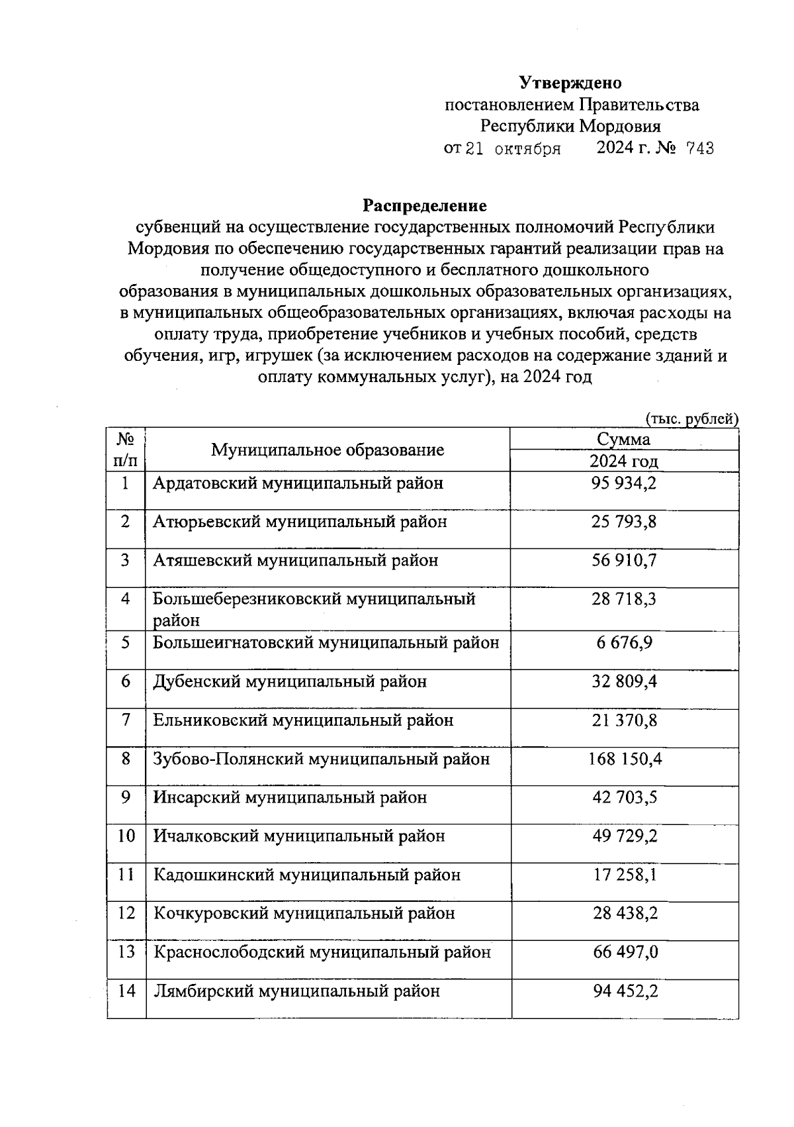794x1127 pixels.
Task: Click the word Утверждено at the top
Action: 570,83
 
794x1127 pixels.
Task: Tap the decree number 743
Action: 700,148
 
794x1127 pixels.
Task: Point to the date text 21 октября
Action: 513,148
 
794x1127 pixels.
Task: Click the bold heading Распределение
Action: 424,205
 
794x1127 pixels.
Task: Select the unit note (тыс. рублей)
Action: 691,418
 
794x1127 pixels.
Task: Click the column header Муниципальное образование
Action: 328,450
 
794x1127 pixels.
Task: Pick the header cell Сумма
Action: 623,440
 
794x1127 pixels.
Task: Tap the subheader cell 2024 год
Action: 623,462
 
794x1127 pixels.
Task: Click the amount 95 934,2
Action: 623,483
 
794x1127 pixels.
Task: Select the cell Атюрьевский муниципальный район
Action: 300,522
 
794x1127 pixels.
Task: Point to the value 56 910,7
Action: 623,561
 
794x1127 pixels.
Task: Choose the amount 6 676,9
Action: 623,643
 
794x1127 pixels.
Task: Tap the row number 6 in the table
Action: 126,681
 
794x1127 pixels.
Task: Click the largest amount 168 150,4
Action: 625,759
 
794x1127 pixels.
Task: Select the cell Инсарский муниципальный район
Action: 290,798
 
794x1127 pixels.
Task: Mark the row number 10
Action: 126,836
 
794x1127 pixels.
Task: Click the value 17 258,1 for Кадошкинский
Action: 623,875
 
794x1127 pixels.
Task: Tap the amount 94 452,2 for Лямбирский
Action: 623,991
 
